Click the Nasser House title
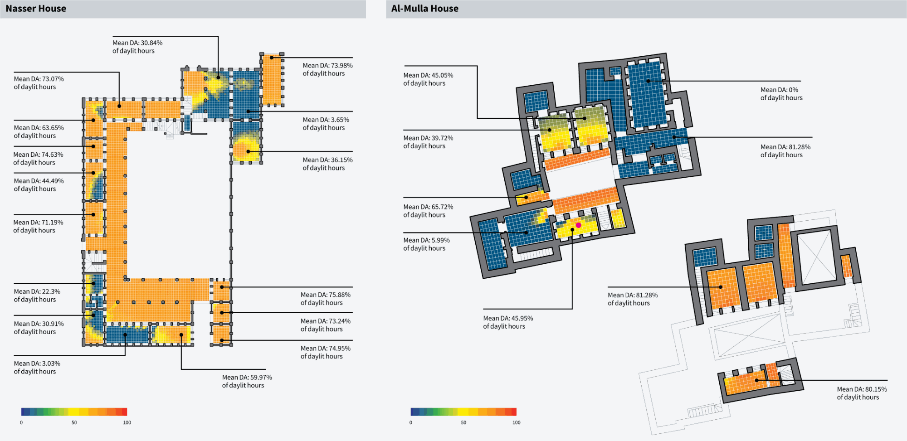click(x=36, y=9)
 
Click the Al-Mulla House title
click(x=424, y=9)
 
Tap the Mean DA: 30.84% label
click(x=137, y=47)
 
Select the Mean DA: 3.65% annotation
click(x=326, y=124)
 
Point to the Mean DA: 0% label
click(x=781, y=94)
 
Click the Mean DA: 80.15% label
click(x=861, y=393)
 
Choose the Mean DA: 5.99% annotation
click(x=426, y=244)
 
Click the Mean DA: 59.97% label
click(x=247, y=381)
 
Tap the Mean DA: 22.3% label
click(x=37, y=296)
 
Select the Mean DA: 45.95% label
click(x=507, y=322)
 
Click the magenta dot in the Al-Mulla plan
click(x=578, y=225)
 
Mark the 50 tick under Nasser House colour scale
click(x=74, y=422)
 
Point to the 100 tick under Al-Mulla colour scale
click(x=516, y=422)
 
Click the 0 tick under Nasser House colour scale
click(x=21, y=422)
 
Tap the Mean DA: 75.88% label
click(x=325, y=299)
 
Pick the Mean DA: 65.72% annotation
click(x=428, y=211)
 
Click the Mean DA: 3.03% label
click(x=37, y=367)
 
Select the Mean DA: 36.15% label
click(x=327, y=164)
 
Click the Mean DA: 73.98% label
click(x=327, y=69)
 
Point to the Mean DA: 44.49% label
click(x=39, y=185)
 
